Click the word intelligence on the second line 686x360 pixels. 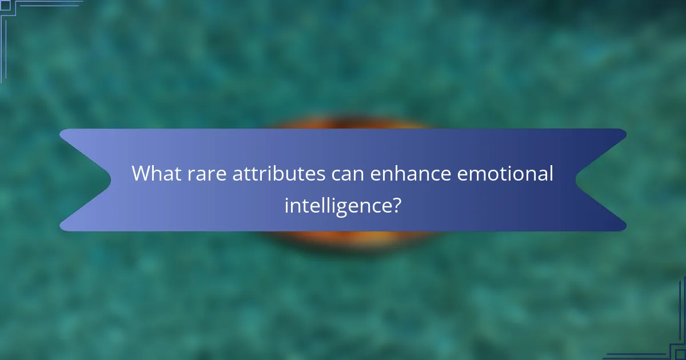coord(336,204)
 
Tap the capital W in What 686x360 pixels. coord(141,173)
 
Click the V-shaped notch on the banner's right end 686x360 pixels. coord(579,180)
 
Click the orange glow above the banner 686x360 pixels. coord(343,122)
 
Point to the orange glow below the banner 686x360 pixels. coord(343,238)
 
